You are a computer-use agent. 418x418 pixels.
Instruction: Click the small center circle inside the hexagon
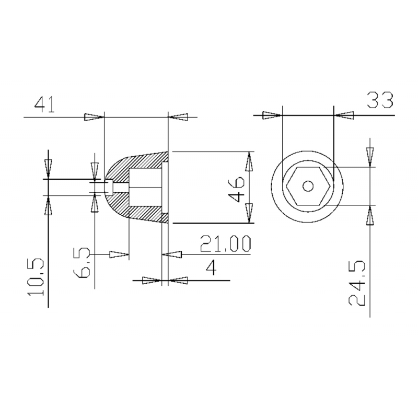(308, 185)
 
